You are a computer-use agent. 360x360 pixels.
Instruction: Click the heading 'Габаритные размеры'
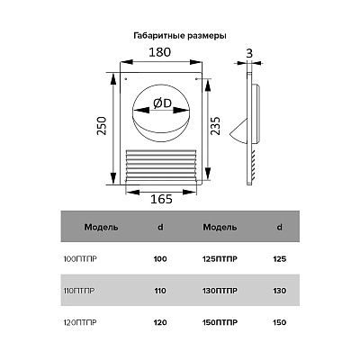(180, 36)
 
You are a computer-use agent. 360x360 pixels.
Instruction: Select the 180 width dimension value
(160, 52)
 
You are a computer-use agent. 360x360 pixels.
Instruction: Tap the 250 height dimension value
(103, 126)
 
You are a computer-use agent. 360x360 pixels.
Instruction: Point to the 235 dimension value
(216, 126)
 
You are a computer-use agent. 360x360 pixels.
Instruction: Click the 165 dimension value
(161, 199)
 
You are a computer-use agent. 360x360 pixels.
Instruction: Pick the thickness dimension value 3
(249, 53)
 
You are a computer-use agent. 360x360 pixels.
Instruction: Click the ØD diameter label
(162, 103)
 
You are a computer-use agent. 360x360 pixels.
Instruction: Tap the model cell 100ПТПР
(80, 259)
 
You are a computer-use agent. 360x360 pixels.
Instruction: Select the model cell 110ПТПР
(79, 291)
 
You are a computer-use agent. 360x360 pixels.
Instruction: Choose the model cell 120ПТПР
(80, 323)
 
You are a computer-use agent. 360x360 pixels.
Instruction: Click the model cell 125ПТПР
(220, 259)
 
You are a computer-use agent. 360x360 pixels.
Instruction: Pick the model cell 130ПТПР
(220, 291)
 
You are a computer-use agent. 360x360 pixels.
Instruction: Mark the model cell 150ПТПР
(220, 323)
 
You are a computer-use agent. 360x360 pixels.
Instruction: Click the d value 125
(280, 259)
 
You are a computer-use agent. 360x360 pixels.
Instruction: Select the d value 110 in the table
(160, 291)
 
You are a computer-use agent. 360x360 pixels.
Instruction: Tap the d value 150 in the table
(280, 323)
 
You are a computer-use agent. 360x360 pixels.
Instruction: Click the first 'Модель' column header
(101, 227)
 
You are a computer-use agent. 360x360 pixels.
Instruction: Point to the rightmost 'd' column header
(279, 227)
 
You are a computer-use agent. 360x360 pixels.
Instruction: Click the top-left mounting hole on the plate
(126, 79)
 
